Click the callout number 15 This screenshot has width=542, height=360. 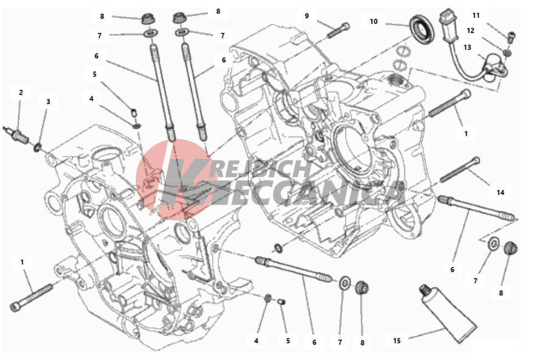pos(397,341)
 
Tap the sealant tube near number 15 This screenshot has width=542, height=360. pos(448,313)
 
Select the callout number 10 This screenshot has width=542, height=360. pos(374,22)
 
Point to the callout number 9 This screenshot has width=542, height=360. pos(306,16)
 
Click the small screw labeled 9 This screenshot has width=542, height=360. pos(338,30)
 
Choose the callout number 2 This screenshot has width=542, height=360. pos(21,92)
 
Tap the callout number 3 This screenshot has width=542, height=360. pos(48,101)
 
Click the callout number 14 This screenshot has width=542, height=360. pos(500,192)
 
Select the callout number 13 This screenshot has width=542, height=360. pos(467,47)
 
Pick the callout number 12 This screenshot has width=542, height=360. pos(471,30)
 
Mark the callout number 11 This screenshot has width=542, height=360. pos(476,16)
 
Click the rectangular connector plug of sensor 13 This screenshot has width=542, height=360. pos(448,22)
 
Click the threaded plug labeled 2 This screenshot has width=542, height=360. pos(17,135)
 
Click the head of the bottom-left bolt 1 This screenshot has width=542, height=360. pos(16,306)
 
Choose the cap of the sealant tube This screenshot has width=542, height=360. pos(425,290)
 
